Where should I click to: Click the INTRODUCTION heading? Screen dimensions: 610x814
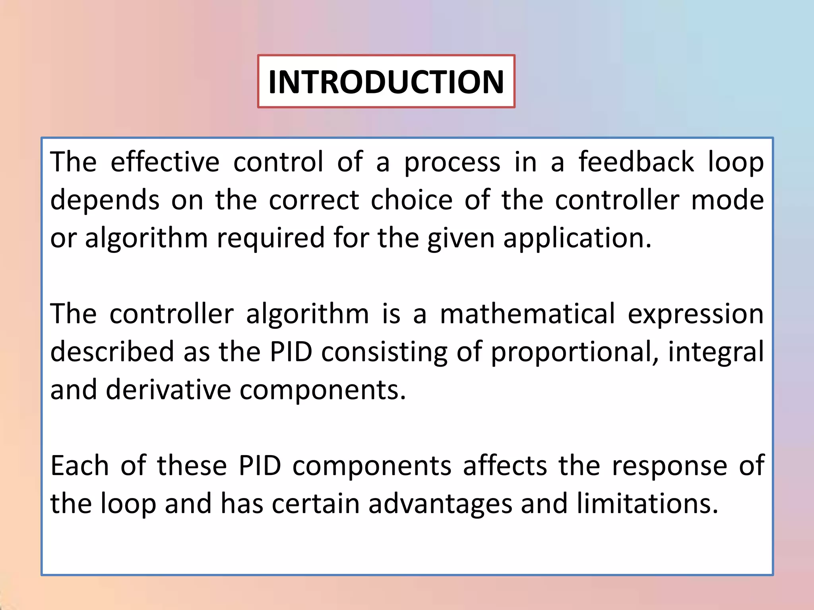click(386, 82)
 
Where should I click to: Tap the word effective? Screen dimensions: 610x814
click(165, 162)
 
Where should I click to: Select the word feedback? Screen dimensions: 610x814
click(636, 162)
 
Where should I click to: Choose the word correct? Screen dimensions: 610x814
click(314, 200)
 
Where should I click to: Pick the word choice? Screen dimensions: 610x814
click(411, 200)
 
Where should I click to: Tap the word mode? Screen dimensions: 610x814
click(727, 200)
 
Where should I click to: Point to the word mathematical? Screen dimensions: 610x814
click(527, 314)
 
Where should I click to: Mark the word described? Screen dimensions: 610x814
click(112, 351)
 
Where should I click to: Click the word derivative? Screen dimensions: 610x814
click(168, 390)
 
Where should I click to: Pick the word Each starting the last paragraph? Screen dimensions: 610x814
click(79, 465)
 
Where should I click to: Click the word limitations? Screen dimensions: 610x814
click(647, 504)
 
